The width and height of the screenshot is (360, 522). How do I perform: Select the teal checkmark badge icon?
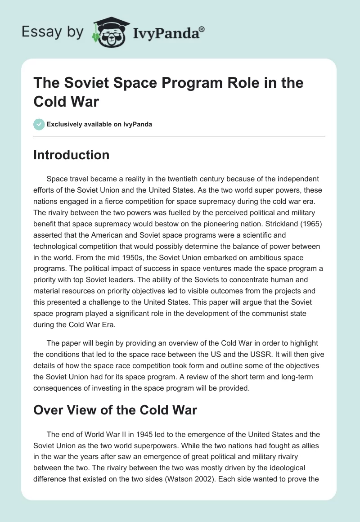pos(39,124)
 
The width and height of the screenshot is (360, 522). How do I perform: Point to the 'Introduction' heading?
pos(72,155)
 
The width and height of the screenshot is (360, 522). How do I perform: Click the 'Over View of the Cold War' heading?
pos(116,410)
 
